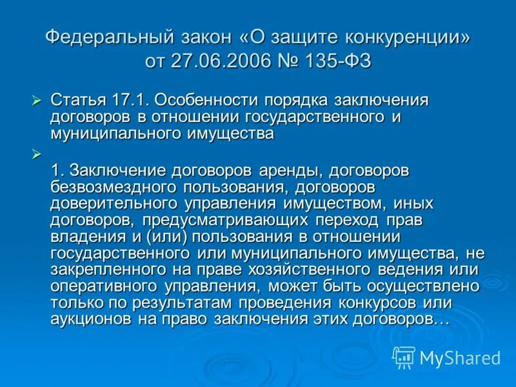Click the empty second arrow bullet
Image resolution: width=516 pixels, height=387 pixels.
36,154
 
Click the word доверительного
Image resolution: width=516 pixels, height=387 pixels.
114,204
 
